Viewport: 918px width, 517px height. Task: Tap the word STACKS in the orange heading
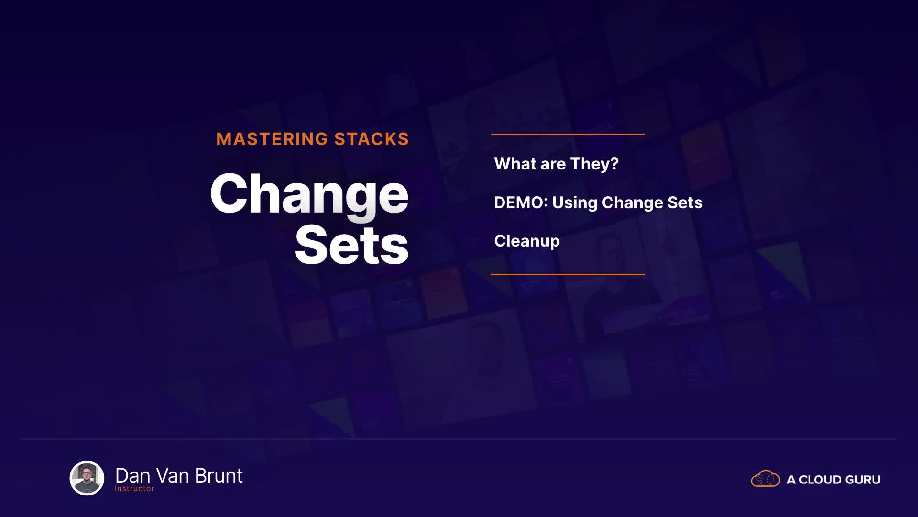coord(372,139)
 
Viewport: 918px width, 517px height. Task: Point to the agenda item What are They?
coord(556,164)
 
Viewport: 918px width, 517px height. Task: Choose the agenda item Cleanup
coord(526,241)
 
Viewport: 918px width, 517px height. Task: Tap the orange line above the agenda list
coord(568,134)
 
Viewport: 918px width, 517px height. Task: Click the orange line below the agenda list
coord(568,274)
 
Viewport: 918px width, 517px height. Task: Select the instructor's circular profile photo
coord(87,478)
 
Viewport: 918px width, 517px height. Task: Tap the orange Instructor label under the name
coord(134,489)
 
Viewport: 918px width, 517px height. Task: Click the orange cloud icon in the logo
coord(765,478)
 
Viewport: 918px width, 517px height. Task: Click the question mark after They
coord(614,164)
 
